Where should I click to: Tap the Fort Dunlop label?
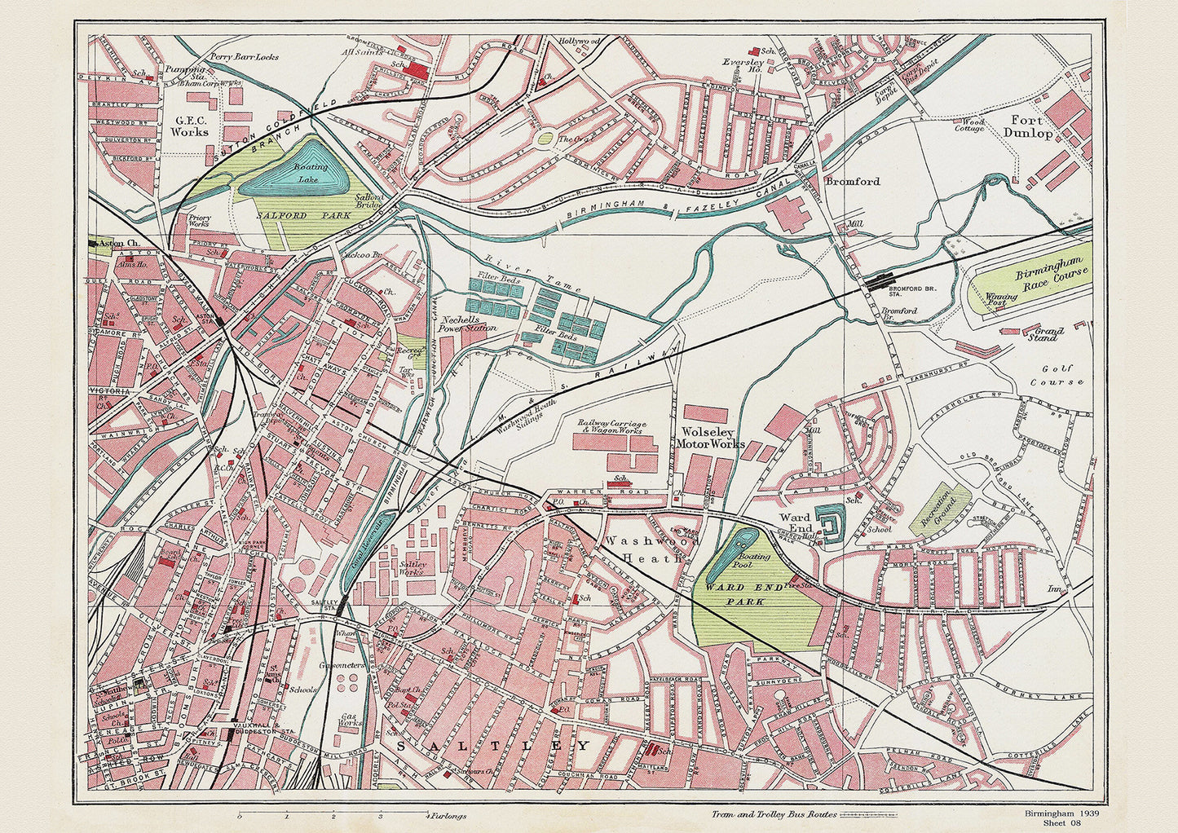[1028, 127]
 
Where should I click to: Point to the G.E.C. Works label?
[190, 125]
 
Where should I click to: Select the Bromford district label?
[852, 182]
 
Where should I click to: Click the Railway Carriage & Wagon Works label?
[612, 429]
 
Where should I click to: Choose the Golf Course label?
[1057, 375]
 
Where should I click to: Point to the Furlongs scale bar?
[334, 814]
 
